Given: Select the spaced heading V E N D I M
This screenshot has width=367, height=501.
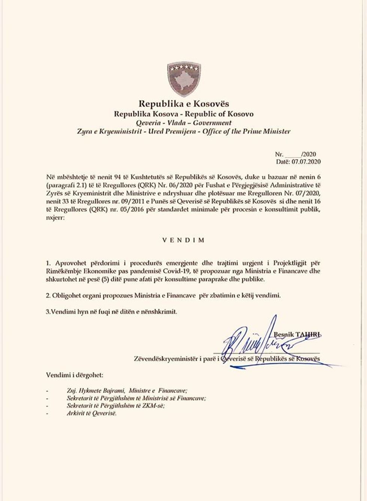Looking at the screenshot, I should [x=183, y=240].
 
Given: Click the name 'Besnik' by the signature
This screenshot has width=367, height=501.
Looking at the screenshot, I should [x=284, y=335].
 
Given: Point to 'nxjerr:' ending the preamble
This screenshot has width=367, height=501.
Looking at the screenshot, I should [x=55, y=221].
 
